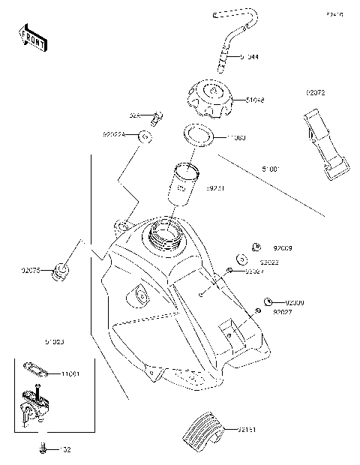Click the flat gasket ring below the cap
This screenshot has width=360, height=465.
click(x=199, y=136)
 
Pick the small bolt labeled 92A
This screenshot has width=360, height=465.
click(x=157, y=116)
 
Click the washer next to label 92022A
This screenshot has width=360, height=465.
click(x=145, y=136)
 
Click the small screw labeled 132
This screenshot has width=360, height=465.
click(x=43, y=449)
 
